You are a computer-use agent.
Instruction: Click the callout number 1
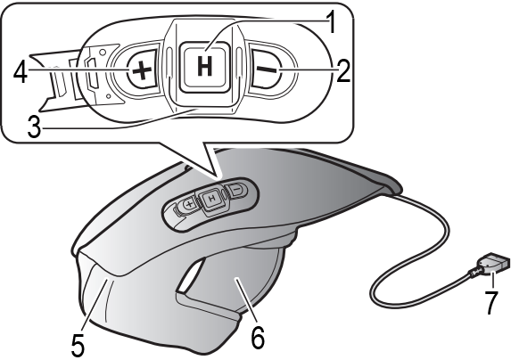pyautogui.click(x=331, y=22)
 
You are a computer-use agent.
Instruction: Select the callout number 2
pyautogui.click(x=343, y=71)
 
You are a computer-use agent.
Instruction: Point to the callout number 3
pyautogui.click(x=34, y=127)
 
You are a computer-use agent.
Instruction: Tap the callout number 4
pyautogui.click(x=21, y=72)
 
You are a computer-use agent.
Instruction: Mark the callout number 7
pyautogui.click(x=491, y=303)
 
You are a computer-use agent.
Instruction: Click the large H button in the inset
pyautogui.click(x=204, y=68)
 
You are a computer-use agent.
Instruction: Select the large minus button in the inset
pyautogui.click(x=267, y=69)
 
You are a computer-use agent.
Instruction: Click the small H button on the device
pyautogui.click(x=212, y=198)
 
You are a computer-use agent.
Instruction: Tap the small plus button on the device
pyautogui.click(x=189, y=204)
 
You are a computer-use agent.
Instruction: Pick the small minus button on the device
pyautogui.click(x=237, y=189)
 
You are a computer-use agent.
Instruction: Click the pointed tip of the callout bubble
pyautogui.click(x=217, y=179)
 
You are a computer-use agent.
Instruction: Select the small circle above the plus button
pyautogui.click(x=103, y=52)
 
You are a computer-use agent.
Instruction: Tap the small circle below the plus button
pyautogui.click(x=108, y=95)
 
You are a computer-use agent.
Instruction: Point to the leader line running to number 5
pyautogui.click(x=94, y=305)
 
